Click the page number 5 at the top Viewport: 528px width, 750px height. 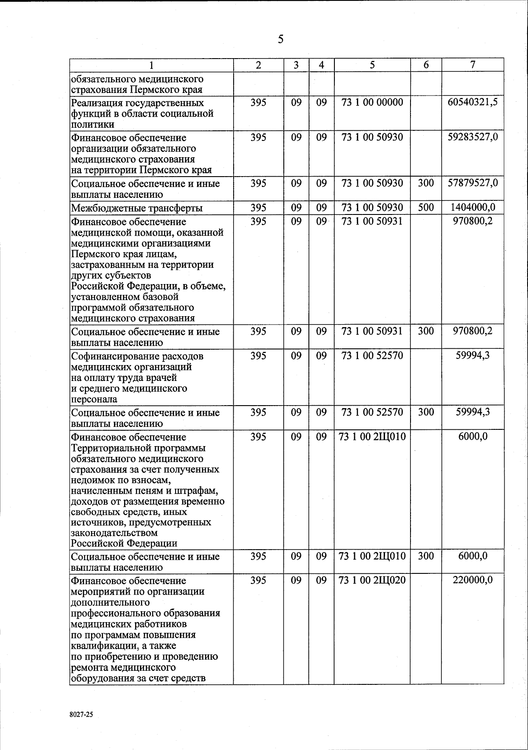click(x=280, y=40)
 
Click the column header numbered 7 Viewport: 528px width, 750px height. click(x=472, y=65)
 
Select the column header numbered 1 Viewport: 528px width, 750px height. click(x=151, y=66)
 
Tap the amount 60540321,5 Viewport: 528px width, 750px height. click(x=473, y=103)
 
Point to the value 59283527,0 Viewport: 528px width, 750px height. click(x=473, y=137)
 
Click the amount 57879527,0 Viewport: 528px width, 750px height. click(x=473, y=183)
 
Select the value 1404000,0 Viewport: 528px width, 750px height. click(x=473, y=207)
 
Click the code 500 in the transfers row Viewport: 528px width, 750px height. click(x=425, y=207)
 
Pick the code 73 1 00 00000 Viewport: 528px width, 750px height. click(x=372, y=103)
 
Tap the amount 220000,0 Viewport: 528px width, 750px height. click(x=473, y=580)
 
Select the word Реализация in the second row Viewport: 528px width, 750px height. click(x=98, y=103)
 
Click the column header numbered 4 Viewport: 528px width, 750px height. click(x=322, y=65)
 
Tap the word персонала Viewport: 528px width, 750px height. click(x=94, y=399)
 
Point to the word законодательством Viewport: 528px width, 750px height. click(x=114, y=533)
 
